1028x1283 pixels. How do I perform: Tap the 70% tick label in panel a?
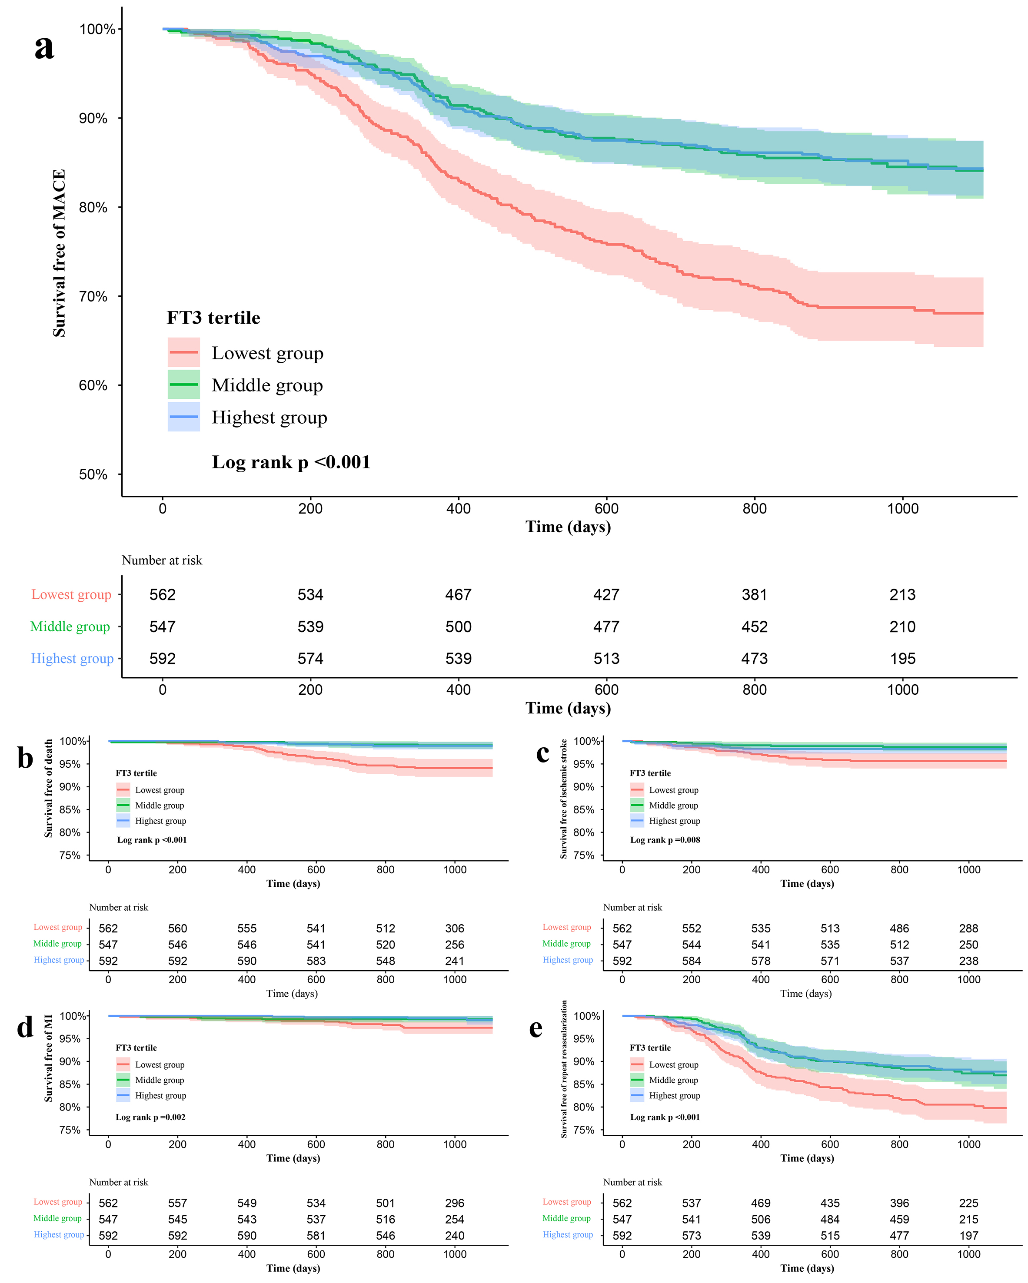93,296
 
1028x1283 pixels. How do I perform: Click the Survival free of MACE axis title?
59,253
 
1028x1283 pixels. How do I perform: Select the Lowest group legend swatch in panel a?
183,352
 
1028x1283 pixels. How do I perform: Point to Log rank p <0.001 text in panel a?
291,462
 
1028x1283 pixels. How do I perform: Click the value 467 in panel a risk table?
458,594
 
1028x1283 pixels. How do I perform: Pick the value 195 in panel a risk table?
902,659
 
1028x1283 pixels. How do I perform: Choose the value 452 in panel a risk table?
754,627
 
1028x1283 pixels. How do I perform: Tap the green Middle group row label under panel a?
70,627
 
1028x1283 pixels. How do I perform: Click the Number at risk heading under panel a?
162,560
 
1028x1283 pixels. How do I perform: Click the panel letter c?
542,753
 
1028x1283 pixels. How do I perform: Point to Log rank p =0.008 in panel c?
665,840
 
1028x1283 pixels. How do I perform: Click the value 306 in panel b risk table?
455,928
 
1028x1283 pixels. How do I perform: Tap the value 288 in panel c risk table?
968,928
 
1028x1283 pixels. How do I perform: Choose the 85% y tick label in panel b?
69,810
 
